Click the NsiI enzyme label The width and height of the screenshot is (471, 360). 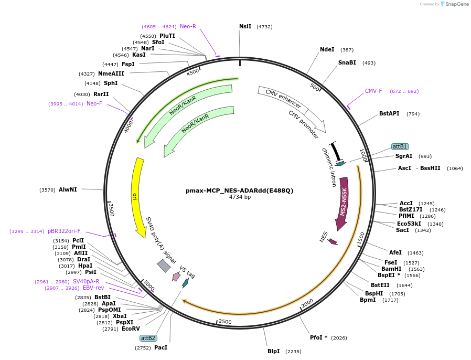pyautogui.click(x=245, y=26)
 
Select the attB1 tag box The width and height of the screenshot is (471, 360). pyautogui.click(x=400, y=146)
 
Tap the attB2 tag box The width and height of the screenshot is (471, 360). pyautogui.click(x=148, y=338)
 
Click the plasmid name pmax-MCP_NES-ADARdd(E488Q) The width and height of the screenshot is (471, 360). pyautogui.click(x=240, y=190)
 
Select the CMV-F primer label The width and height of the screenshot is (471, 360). pyautogui.click(x=373, y=91)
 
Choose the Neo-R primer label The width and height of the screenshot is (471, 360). pyautogui.click(x=188, y=26)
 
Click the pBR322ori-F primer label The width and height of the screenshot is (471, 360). pyautogui.click(x=64, y=231)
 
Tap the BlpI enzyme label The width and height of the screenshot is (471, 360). pyautogui.click(x=273, y=351)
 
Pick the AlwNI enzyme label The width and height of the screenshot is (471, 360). pyautogui.click(x=68, y=189)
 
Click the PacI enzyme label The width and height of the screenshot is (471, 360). pyautogui.click(x=160, y=347)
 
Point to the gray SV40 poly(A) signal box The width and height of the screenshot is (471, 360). pyautogui.click(x=164, y=266)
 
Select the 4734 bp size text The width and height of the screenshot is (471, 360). pyautogui.click(x=240, y=197)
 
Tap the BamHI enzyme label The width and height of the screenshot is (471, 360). pyautogui.click(x=391, y=269)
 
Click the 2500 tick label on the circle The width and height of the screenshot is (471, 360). pyautogui.click(x=225, y=321)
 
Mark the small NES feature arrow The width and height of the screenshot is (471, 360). pyautogui.click(x=333, y=241)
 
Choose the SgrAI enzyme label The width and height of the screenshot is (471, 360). pyautogui.click(x=404, y=156)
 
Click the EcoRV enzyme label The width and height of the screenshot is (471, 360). pyautogui.click(x=131, y=329)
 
